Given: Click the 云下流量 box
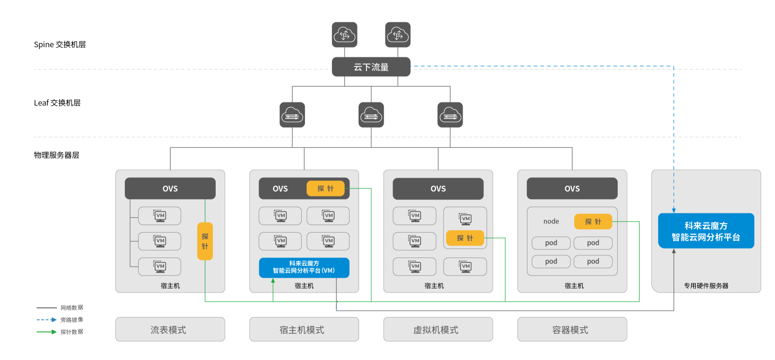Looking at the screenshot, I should tap(371, 67).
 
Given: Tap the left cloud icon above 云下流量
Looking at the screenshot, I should tap(344, 35).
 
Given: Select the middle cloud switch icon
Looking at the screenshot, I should tap(371, 115).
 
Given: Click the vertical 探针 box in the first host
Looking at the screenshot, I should tap(205, 241).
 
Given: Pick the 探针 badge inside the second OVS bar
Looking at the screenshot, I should tap(326, 188).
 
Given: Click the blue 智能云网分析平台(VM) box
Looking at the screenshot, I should tap(304, 267).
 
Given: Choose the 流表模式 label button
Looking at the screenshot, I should tap(170, 330).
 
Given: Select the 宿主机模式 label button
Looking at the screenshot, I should tap(304, 330).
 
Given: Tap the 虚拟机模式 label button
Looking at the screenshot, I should tap(438, 330).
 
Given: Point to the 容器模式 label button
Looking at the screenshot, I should tap(572, 330).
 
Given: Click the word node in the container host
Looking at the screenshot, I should tap(551, 221).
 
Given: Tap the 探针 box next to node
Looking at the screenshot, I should tap(593, 221).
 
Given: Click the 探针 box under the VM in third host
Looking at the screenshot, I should tap(465, 238).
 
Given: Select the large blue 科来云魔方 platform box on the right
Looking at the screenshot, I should tap(706, 231).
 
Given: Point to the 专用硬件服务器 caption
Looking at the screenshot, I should tap(706, 286).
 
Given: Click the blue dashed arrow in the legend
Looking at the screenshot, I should tap(47, 320).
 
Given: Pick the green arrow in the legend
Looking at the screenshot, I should tap(47, 332).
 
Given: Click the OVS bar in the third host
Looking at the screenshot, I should tap(438, 188).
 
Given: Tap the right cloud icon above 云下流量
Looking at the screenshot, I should tap(397, 35).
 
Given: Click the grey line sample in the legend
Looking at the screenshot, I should tap(47, 307).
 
